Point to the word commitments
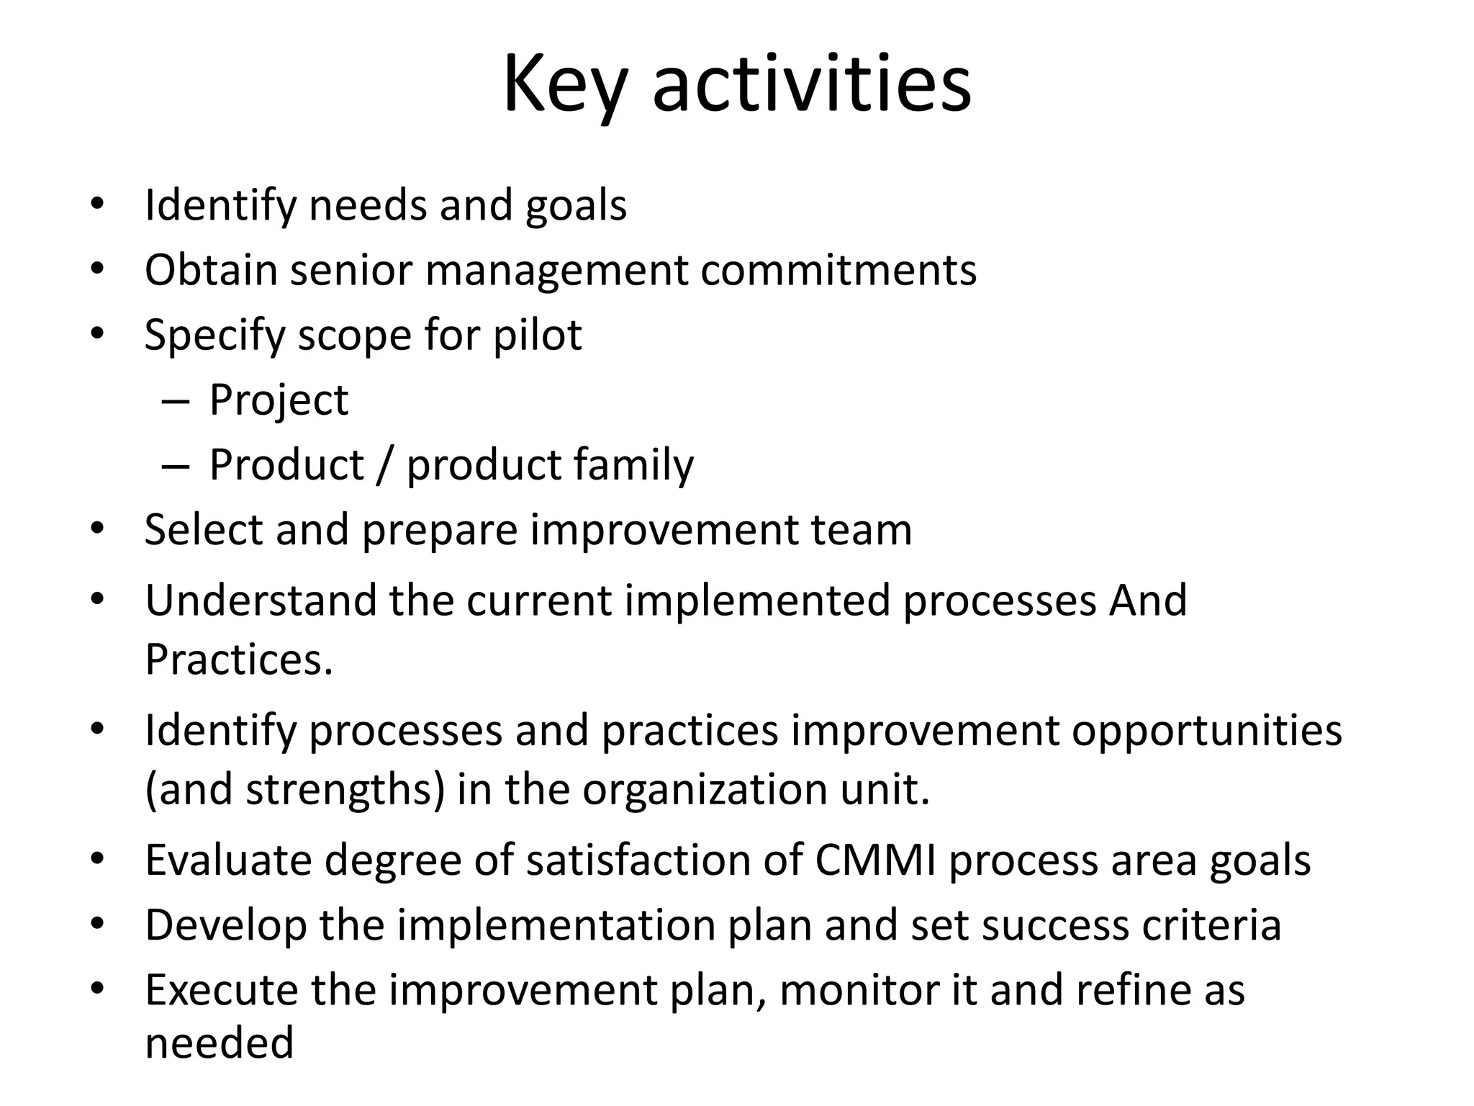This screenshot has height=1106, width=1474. click(838, 270)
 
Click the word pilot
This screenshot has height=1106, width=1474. click(537, 336)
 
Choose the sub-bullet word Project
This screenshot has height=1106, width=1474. click(279, 400)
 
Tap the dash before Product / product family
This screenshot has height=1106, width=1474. click(176, 466)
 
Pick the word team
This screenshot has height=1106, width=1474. click(862, 530)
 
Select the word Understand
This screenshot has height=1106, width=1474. click(261, 600)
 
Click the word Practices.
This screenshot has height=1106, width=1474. click(239, 659)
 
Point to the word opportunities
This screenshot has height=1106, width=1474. click(1207, 730)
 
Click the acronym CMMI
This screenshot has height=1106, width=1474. click(875, 860)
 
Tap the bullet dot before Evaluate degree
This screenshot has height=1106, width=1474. click(98, 859)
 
